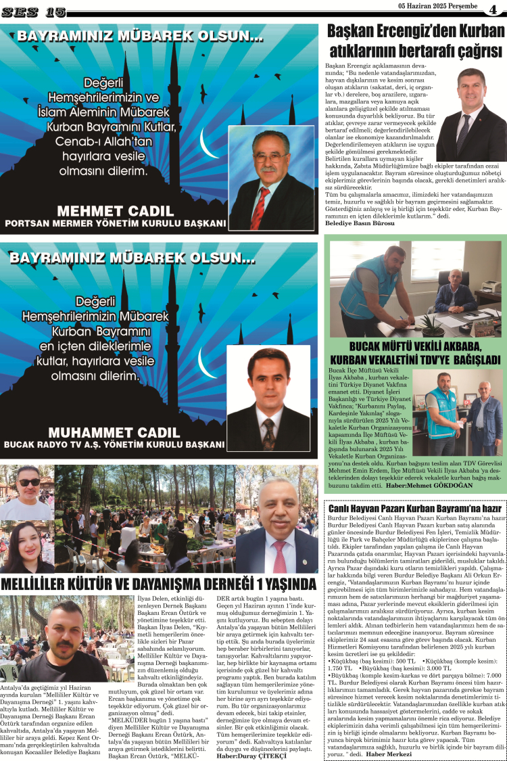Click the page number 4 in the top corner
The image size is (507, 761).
492,9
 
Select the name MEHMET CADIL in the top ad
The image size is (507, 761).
116,210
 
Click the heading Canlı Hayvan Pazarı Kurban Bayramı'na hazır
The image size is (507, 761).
414,507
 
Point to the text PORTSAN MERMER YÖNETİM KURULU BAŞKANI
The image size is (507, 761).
115,223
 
